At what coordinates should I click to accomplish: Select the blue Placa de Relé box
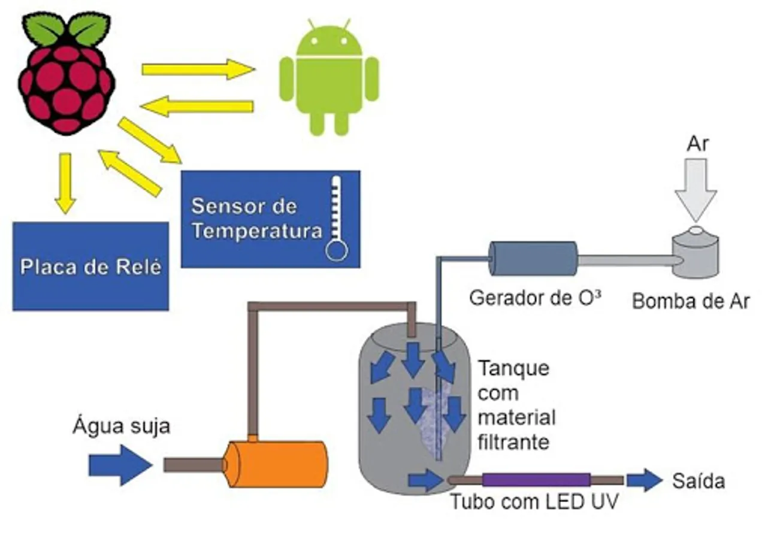(90, 266)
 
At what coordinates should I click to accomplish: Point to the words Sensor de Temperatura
(252, 219)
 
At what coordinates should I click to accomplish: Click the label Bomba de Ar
(691, 301)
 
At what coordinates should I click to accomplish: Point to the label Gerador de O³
(536, 298)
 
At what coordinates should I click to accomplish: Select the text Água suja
(122, 426)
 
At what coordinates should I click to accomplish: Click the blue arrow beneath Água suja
(120, 465)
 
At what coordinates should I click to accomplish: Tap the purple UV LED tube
(536, 480)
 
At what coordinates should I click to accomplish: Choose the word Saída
(699, 481)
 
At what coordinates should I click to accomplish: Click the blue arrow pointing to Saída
(644, 480)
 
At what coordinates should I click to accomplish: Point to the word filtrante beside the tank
(514, 443)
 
